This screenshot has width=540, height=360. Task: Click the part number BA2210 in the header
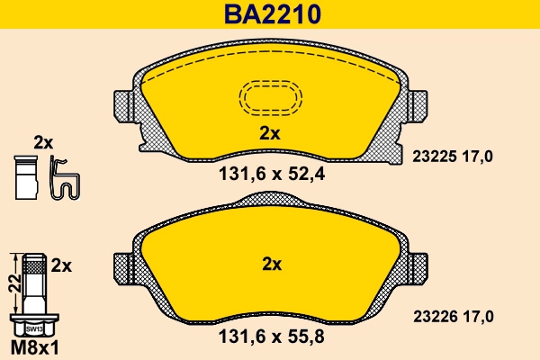click(269, 14)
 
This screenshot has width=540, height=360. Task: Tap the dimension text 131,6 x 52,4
click(271, 176)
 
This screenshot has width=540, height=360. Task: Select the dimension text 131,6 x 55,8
click(271, 338)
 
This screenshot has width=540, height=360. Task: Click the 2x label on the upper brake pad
click(270, 133)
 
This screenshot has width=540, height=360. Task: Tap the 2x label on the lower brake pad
click(270, 265)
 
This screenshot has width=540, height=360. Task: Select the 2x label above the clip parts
click(43, 142)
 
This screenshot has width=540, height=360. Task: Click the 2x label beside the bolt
click(61, 265)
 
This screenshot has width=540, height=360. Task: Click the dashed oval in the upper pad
click(270, 97)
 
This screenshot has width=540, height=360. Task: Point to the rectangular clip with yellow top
click(26, 176)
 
